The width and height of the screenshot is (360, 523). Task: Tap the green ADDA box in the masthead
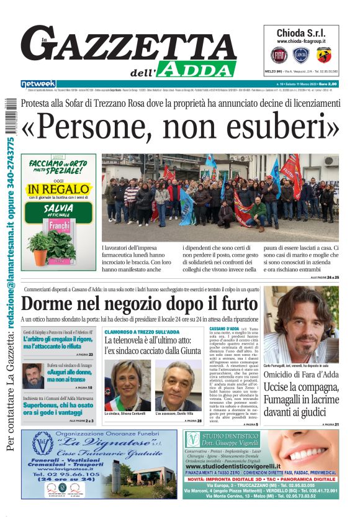pyautogui.click(x=197, y=69)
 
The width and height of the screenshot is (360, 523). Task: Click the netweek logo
pyautogui.click(x=38, y=84)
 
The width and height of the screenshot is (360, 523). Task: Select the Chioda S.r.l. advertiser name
pyautogui.click(x=300, y=33)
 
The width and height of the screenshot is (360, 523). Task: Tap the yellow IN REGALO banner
pyautogui.click(x=59, y=188)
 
